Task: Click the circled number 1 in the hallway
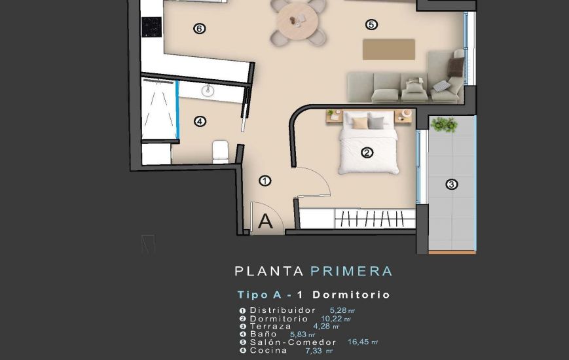pos(265,181)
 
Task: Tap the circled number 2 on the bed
pos(367,153)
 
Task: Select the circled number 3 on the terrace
pos(452,185)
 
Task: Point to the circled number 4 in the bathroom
pos(200,121)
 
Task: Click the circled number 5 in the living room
pos(371,25)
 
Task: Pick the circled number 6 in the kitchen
pos(200,28)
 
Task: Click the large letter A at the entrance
pos(265,221)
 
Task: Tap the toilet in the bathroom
pos(220,151)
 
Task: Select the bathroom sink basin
pos(209,90)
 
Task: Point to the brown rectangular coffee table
pos(389,49)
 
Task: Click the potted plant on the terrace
pos(445,124)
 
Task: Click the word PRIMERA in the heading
pos(351,271)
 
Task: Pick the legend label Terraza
pos(270,326)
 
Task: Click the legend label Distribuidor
pos(282,310)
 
